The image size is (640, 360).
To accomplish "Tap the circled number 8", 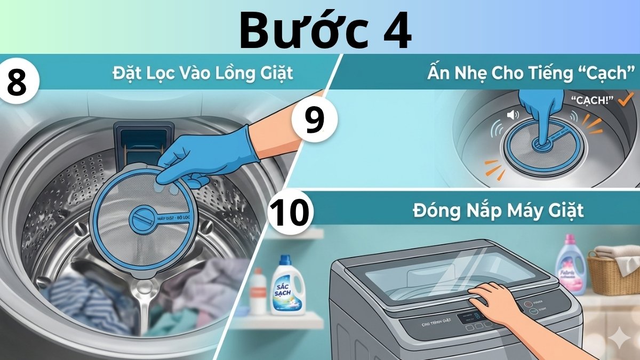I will [18, 82].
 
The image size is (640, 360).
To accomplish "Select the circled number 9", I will [314, 120].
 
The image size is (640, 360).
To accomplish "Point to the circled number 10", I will [290, 212].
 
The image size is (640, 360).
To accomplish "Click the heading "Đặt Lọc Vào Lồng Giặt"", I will [203, 73].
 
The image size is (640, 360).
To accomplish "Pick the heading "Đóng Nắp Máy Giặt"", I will [498, 211].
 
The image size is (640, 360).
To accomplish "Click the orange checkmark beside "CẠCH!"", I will [627, 98].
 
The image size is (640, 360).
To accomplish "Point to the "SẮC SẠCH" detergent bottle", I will [287, 285].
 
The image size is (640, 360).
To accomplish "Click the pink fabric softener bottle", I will [571, 266].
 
